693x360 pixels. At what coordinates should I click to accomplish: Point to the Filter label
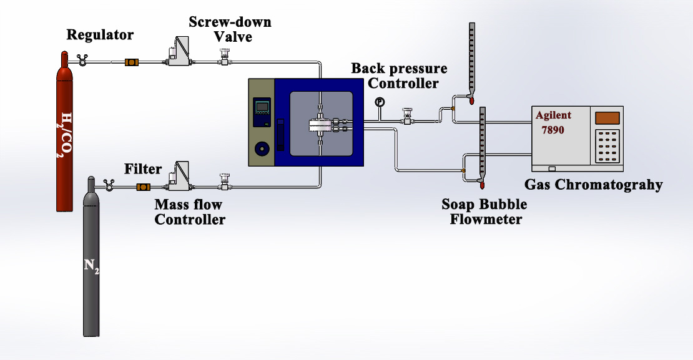[143, 169]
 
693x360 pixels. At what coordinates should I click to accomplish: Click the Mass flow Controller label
[189, 212]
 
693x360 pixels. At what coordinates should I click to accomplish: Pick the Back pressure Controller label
[399, 75]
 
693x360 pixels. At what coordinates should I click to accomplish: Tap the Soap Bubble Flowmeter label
[484, 212]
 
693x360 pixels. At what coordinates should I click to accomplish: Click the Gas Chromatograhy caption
[593, 185]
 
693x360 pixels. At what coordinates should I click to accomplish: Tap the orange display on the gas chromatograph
[607, 117]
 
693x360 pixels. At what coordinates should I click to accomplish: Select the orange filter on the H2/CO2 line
[132, 62]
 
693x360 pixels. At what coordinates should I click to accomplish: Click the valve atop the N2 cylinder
[107, 183]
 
